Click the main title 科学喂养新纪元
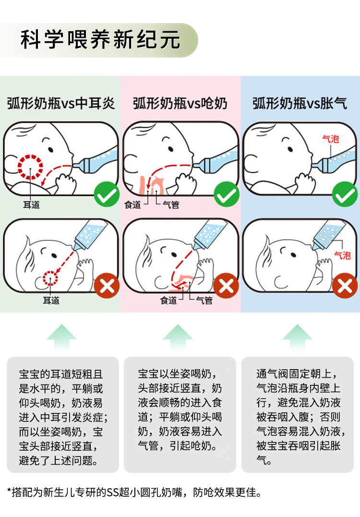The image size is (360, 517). tap(100, 39)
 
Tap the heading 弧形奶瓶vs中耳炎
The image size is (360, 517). tap(60, 104)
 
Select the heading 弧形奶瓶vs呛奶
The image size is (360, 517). tap(180, 104)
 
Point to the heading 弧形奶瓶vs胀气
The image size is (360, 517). tap(300, 104)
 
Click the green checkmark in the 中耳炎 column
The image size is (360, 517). tap(107, 194)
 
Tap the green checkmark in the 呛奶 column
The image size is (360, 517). tap(227, 194)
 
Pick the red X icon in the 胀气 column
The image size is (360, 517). tap(345, 286)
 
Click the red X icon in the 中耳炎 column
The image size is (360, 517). tap(107, 286)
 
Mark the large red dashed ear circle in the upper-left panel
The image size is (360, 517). tap(30, 156)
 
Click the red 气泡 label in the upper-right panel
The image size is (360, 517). tap(330, 139)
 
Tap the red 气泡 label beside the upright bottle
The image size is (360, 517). tap(342, 255)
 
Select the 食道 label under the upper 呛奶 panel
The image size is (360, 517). tap(132, 205)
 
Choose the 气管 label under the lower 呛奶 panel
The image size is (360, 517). tap(204, 301)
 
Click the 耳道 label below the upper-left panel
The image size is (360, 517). tap(31, 205)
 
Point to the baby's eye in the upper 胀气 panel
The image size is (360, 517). tap(290, 149)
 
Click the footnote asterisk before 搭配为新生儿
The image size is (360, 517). tap(9, 491)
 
